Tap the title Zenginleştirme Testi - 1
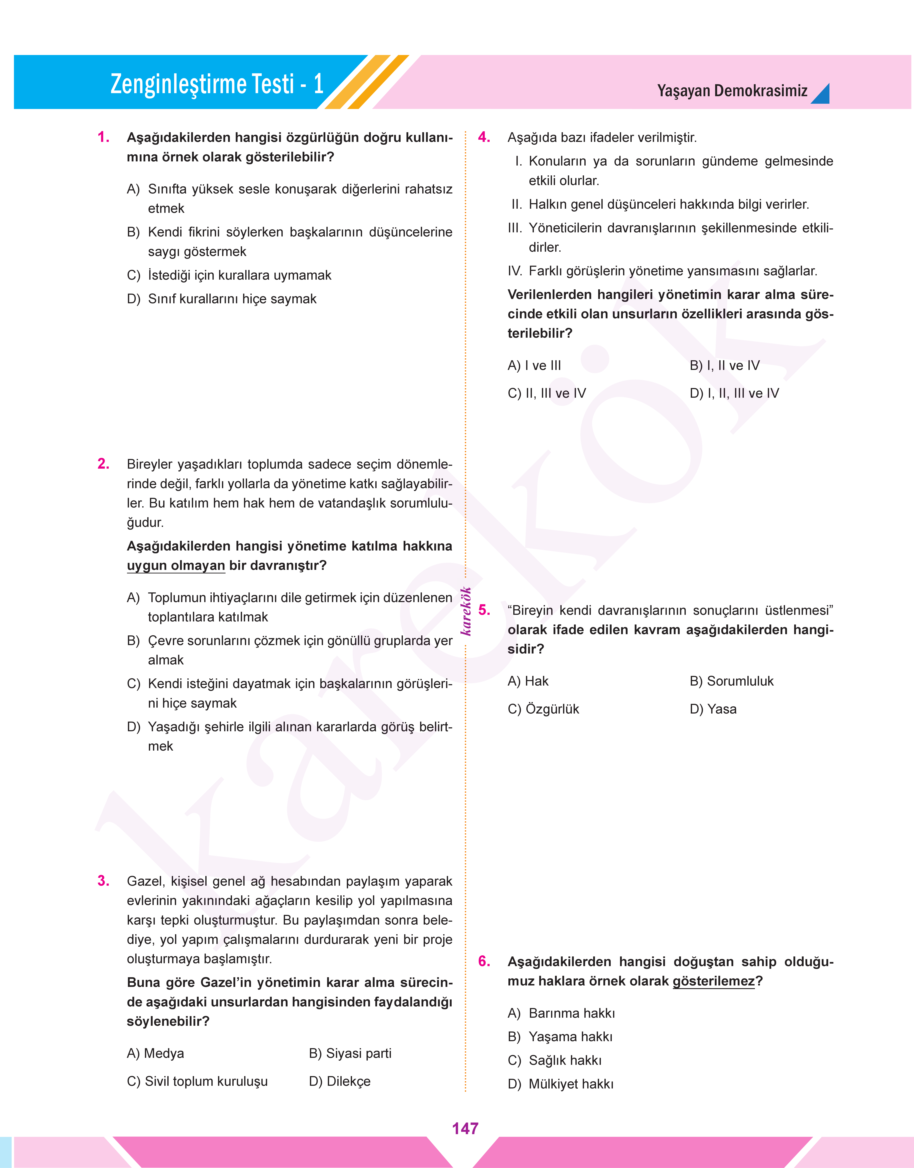217,84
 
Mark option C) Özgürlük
543,709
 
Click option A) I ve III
534,365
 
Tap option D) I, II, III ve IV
734,393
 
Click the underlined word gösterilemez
713,981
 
